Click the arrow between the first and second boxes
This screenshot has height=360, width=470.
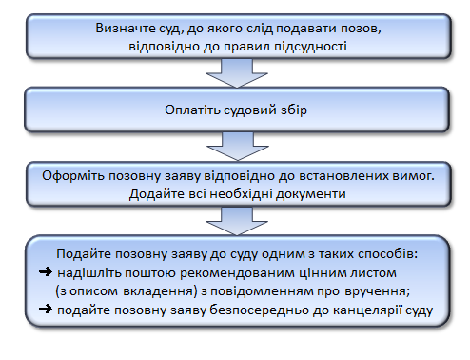(x=237, y=73)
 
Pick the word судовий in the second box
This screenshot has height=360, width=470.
(x=250, y=110)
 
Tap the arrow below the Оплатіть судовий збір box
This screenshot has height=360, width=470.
(x=238, y=147)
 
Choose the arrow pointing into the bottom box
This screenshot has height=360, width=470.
(x=237, y=221)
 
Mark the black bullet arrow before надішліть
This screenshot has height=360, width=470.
(x=46, y=272)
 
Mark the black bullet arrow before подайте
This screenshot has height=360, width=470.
(x=46, y=309)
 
